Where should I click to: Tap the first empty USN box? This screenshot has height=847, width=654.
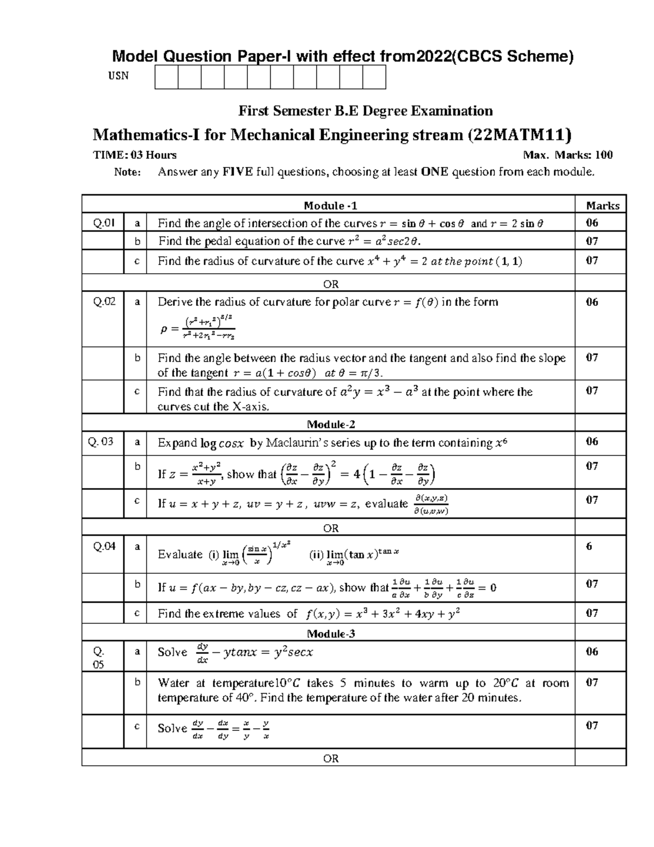click(x=166, y=77)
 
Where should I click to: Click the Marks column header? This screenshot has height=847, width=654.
click(x=602, y=206)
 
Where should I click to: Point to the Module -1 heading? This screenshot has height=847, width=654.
click(x=330, y=206)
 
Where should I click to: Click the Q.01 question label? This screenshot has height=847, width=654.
click(x=103, y=223)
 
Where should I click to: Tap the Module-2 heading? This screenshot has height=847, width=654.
click(x=331, y=424)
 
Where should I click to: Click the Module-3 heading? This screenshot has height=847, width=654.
click(x=331, y=634)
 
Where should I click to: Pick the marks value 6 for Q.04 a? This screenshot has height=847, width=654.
click(x=589, y=546)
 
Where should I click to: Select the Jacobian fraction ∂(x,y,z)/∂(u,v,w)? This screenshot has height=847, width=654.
click(x=431, y=504)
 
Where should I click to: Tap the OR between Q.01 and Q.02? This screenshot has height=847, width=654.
click(x=331, y=284)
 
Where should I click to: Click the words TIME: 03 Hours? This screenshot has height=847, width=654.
click(x=135, y=155)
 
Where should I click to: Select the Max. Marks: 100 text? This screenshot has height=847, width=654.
click(x=567, y=155)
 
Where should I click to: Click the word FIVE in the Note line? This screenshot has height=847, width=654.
click(x=237, y=172)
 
